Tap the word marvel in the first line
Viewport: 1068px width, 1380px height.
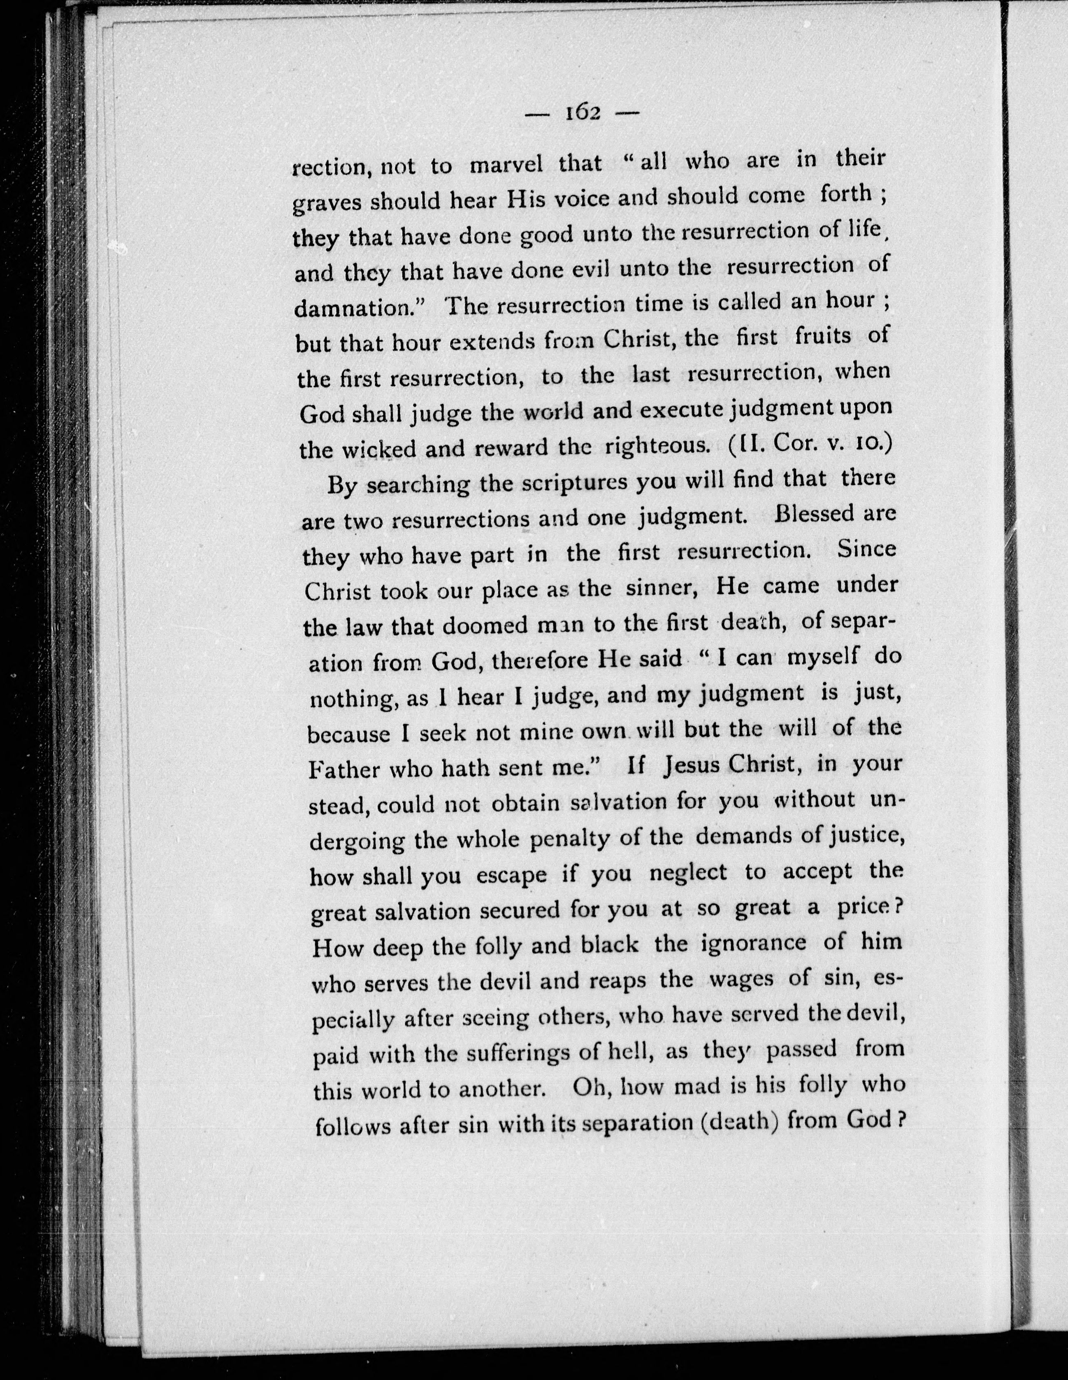point(506,165)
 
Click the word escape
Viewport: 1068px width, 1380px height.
point(512,876)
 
